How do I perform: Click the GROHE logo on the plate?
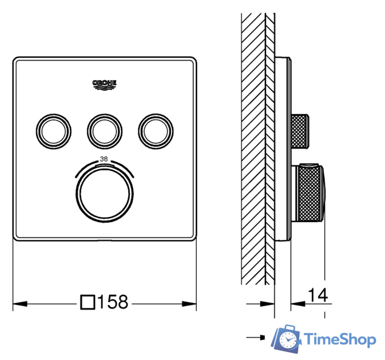click(x=104, y=84)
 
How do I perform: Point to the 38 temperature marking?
click(x=103, y=159)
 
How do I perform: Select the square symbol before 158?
click(x=88, y=303)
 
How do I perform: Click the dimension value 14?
click(x=318, y=294)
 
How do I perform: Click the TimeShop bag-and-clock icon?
click(x=286, y=339)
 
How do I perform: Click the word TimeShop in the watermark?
click(x=340, y=339)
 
